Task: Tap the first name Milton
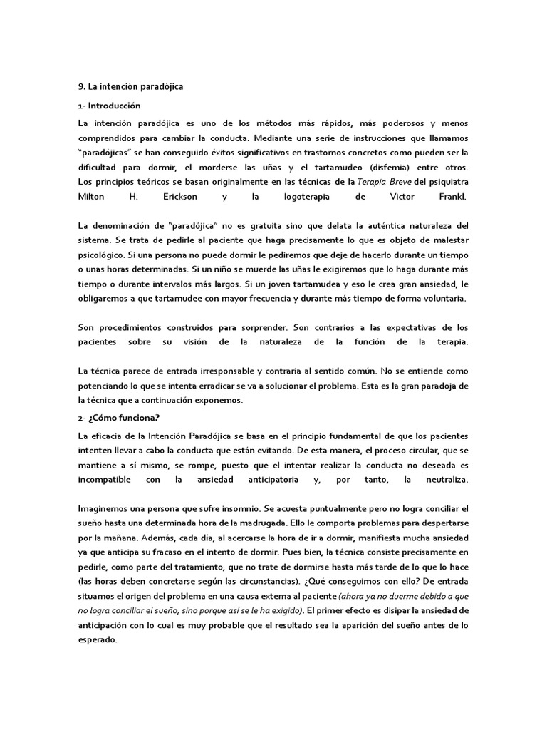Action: (x=92, y=195)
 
